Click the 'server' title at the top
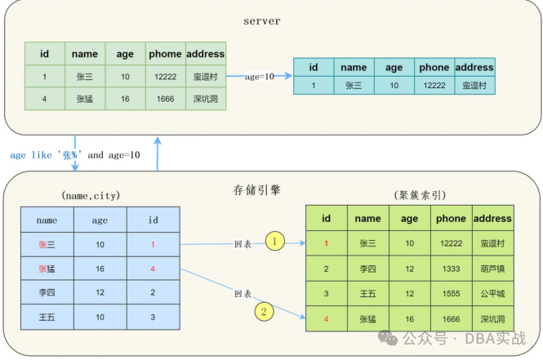click(262, 20)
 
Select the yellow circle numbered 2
click(263, 310)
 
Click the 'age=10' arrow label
click(259, 76)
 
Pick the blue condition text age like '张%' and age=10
click(75, 154)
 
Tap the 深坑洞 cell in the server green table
click(205, 99)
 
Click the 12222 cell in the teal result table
click(434, 85)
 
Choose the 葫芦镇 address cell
click(493, 269)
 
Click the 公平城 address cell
click(493, 294)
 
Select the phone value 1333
click(451, 269)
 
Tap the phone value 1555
click(451, 294)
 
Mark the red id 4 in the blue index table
click(152, 268)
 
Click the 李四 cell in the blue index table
click(47, 292)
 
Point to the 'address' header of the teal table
click(474, 67)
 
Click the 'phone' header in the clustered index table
click(451, 218)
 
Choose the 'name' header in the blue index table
click(47, 220)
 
